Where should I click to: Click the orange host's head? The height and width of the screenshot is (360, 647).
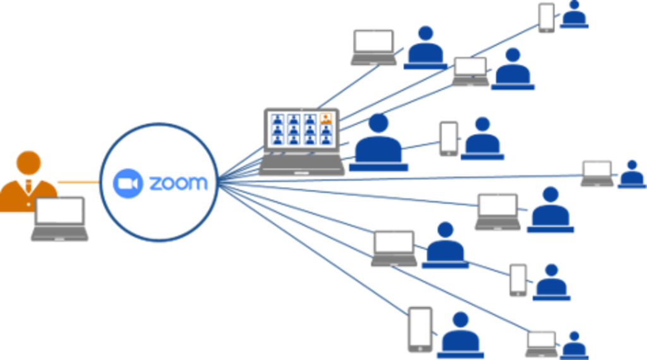tap(28, 162)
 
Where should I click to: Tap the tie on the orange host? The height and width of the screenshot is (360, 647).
tap(28, 186)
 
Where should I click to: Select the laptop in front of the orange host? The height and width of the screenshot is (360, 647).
tap(60, 219)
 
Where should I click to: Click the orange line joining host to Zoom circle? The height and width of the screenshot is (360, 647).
tap(78, 182)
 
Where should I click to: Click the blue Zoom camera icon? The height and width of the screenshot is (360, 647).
tap(128, 184)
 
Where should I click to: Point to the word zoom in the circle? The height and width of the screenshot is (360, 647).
tap(178, 184)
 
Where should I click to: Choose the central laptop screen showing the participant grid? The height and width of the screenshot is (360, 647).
tap(301, 130)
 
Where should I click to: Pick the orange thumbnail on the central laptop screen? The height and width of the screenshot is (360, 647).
tap(326, 119)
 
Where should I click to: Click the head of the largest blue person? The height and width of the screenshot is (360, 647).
tap(378, 123)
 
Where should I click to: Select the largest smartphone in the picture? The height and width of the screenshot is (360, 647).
tap(420, 330)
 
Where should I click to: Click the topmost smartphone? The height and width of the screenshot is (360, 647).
tap(547, 18)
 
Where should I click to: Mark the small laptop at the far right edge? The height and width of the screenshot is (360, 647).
tap(597, 174)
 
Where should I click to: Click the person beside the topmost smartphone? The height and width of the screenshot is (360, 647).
tap(574, 15)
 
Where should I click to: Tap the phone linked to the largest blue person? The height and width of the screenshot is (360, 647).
tap(449, 138)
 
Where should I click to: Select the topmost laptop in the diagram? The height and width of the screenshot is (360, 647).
tap(373, 47)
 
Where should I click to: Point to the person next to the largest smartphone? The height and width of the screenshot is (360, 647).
tap(461, 335)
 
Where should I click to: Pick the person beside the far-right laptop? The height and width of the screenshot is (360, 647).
tap(632, 174)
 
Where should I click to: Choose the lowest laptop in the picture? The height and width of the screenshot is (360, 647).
tap(541, 344)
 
